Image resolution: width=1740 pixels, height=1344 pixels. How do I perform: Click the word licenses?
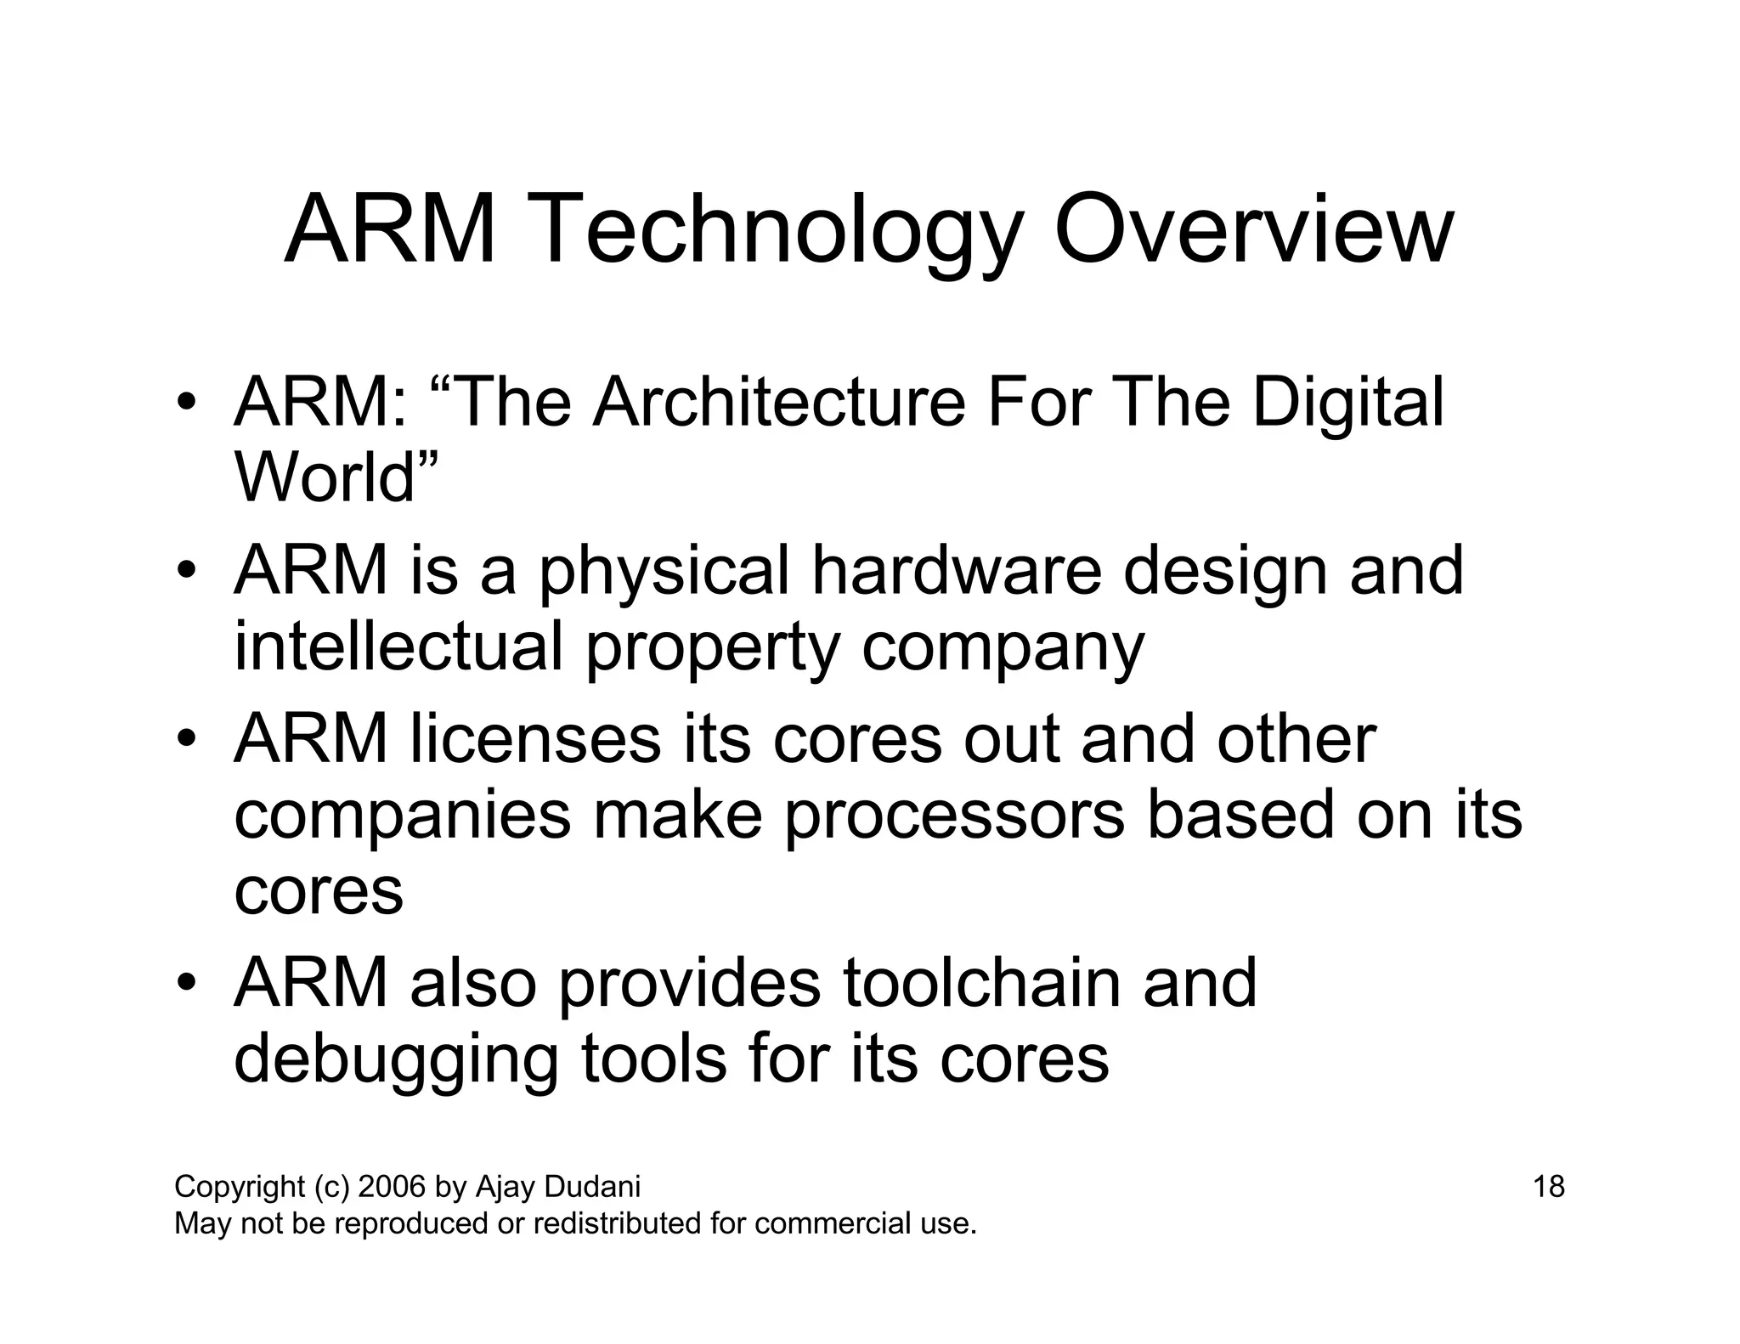pos(536,737)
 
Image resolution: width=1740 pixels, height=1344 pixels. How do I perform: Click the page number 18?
pos(1548,1186)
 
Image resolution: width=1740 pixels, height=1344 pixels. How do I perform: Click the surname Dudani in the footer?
pos(592,1186)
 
